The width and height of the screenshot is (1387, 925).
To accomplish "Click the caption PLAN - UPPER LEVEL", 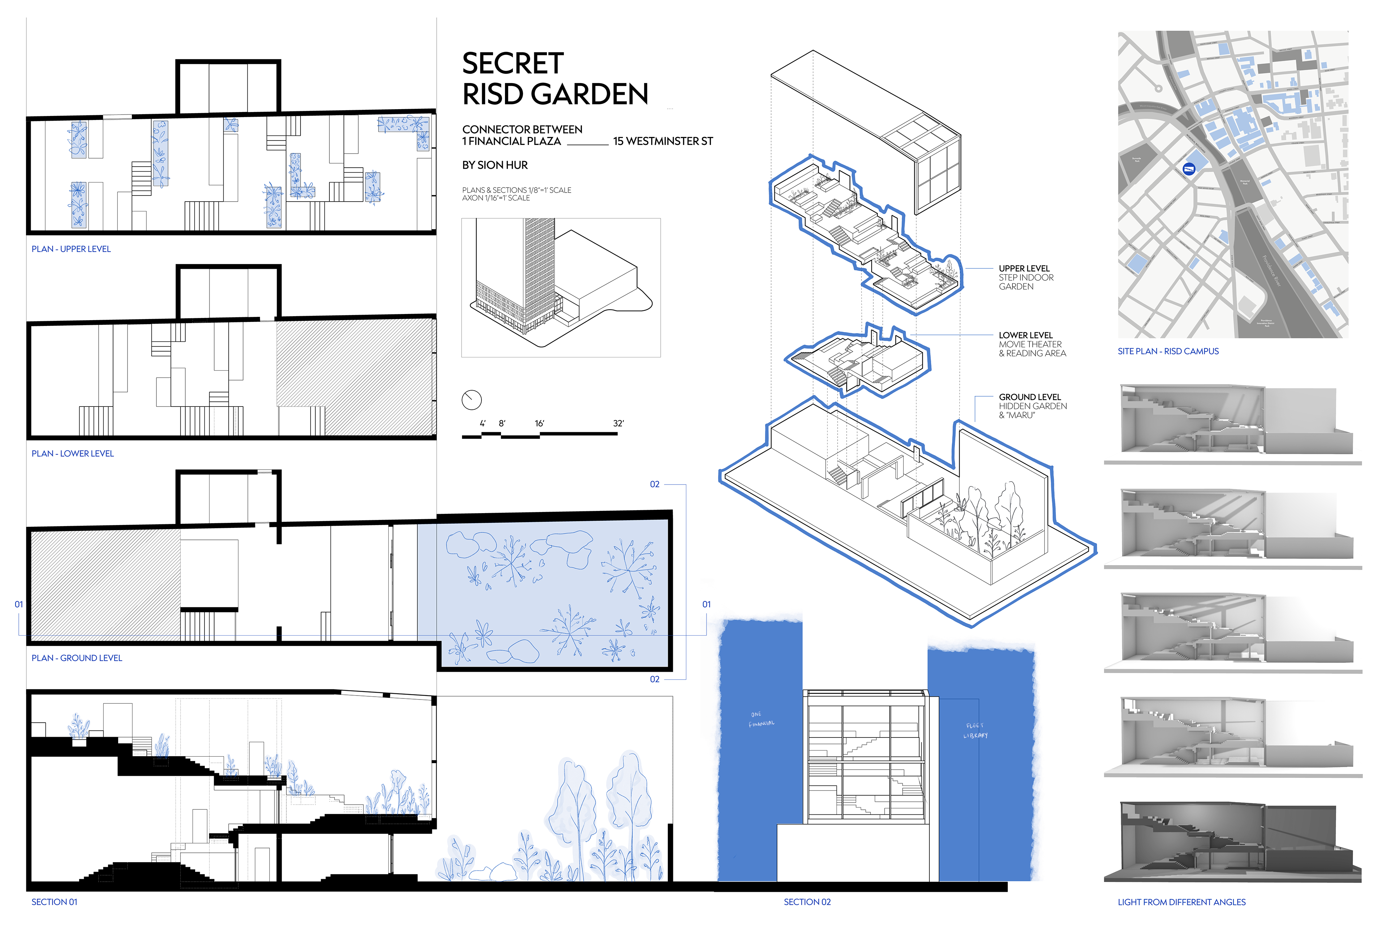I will pos(71,249).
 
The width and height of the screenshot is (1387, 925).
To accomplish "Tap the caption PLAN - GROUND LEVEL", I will pos(77,658).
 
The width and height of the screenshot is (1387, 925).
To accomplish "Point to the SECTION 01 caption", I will pos(54,902).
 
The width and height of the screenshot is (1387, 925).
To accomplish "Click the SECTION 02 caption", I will pos(807,902).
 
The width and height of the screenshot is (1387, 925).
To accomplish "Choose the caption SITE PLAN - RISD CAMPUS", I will pos(1168,351).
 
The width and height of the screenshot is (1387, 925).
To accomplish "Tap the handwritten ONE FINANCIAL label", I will pos(761,719).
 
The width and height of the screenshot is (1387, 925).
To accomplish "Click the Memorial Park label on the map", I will pos(1245,182).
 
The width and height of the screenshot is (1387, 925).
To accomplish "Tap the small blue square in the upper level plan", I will pos(230,124).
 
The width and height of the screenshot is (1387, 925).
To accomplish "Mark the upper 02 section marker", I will pos(654,484).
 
